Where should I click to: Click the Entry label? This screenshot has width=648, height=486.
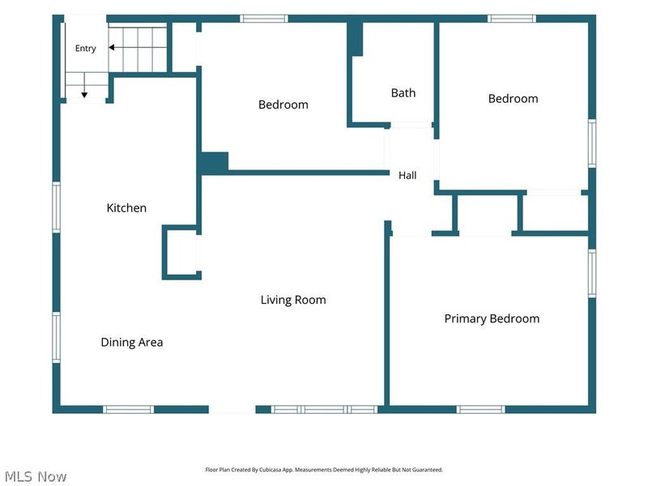(86, 49)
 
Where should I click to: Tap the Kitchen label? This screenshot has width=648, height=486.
(126, 207)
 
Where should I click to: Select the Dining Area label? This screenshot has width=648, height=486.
(132, 342)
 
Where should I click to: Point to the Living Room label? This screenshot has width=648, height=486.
(293, 300)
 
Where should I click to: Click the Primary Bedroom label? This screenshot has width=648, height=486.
(492, 318)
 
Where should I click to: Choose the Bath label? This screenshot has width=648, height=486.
(403, 93)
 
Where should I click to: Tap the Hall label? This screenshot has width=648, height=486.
(407, 175)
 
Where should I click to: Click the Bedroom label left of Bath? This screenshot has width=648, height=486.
(283, 104)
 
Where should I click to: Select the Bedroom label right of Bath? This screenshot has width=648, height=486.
(514, 98)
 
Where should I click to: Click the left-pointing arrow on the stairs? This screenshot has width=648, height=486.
(137, 48)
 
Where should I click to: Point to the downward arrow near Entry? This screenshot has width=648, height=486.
(84, 85)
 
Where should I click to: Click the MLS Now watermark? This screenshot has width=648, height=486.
(36, 476)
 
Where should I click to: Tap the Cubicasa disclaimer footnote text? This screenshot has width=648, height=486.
(324, 470)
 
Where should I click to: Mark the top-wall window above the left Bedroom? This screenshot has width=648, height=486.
(264, 19)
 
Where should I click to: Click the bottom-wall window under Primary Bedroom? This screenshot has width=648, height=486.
(481, 409)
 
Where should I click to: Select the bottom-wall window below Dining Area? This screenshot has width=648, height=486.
(129, 409)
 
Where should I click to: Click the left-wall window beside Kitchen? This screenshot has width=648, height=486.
(56, 207)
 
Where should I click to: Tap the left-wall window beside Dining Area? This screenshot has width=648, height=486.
(56, 337)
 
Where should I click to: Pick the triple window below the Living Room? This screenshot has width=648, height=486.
(325, 409)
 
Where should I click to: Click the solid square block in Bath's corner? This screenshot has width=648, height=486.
(355, 39)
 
